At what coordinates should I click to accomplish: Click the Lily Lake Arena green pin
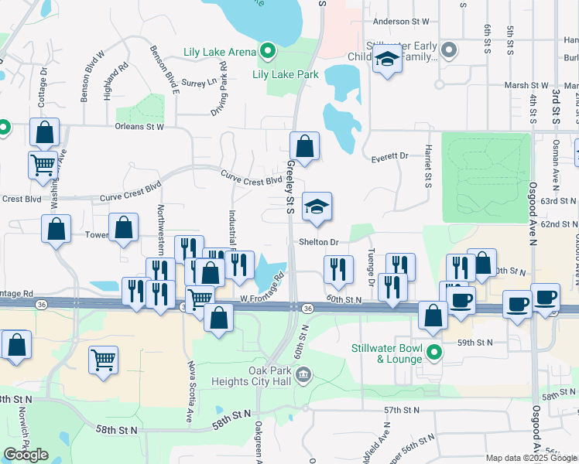pos(268,52)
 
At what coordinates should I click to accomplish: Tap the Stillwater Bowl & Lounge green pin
pos(434,353)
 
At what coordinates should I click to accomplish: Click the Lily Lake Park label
pos(286,75)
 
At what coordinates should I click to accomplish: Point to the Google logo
pos(26,455)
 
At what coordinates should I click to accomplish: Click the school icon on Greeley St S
pos(316,206)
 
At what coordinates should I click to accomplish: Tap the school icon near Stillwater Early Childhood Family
pos(385,59)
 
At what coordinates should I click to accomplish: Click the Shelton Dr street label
pos(320,242)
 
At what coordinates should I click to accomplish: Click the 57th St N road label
pos(401,410)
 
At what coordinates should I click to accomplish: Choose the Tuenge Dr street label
pos(372,268)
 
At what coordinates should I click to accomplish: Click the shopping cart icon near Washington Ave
pos(43,163)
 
